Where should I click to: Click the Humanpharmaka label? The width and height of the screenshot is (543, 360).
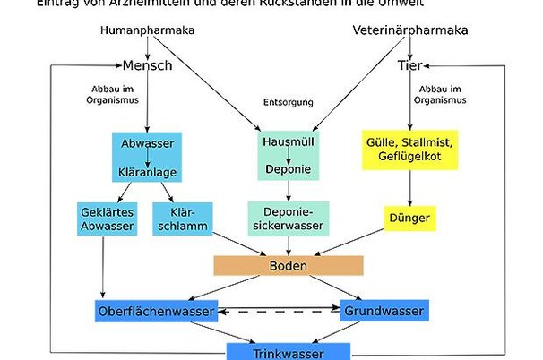148,30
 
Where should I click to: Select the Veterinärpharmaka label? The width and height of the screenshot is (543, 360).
410,30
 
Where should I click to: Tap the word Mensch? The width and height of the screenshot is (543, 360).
147,65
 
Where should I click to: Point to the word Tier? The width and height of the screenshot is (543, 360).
409,65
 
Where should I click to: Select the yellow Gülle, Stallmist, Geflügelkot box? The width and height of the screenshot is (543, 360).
410,150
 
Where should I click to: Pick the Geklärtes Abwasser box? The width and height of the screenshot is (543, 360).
107,219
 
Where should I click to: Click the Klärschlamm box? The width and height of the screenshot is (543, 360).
181,219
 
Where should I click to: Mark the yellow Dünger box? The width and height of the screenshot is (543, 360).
409,218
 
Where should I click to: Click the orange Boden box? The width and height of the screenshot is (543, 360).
288,265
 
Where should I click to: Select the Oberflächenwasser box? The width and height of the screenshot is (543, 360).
156,311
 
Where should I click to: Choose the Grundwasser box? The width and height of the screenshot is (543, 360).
384,311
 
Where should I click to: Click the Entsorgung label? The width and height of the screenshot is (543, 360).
287,102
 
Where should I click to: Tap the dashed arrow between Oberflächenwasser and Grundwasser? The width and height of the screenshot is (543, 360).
279,312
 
